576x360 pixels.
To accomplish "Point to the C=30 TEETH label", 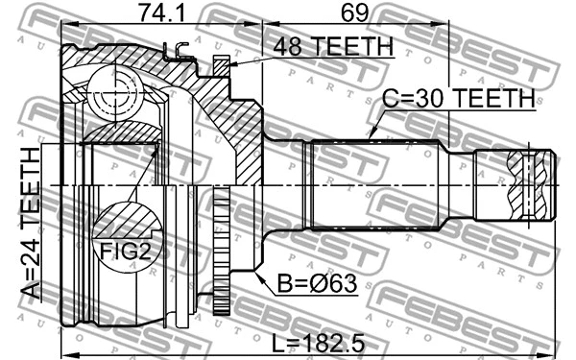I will click(459, 98).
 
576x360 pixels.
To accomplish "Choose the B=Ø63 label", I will click(318, 285).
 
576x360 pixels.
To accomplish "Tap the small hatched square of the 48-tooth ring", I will click(221, 65).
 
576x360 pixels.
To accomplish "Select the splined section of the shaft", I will click(370, 184).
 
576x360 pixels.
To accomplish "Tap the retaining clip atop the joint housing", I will click(176, 53).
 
